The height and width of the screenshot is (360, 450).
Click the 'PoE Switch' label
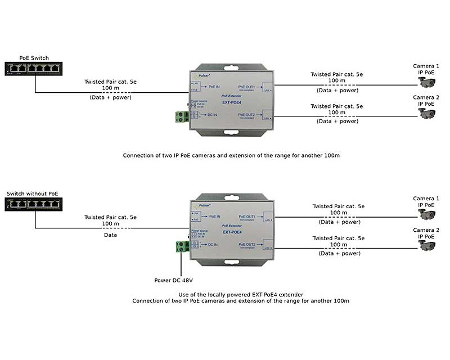(x=34, y=58)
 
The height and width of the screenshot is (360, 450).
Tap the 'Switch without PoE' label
(x=32, y=193)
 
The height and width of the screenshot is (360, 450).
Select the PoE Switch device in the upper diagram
(x=34, y=69)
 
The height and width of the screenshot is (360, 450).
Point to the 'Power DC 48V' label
(x=177, y=280)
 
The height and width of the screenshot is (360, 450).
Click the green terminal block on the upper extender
(x=181, y=116)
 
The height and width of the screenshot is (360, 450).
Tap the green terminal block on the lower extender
(x=181, y=246)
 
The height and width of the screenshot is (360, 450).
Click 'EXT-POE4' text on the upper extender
(x=232, y=102)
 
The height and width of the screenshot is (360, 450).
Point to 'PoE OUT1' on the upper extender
(x=247, y=87)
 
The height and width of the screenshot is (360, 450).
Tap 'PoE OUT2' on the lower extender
(x=247, y=245)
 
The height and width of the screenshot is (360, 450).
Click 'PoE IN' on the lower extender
(x=214, y=216)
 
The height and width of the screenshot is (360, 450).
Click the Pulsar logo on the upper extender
(x=201, y=75)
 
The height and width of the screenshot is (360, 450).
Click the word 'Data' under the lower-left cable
(x=110, y=235)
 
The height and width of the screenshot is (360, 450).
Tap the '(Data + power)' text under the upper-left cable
(x=110, y=98)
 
